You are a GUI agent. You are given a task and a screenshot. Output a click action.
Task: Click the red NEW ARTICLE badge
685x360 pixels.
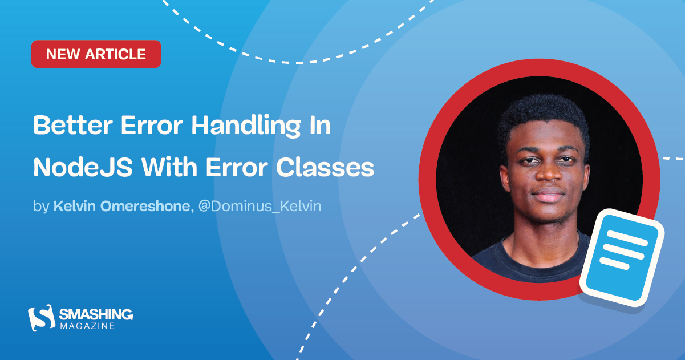pyautogui.click(x=96, y=54)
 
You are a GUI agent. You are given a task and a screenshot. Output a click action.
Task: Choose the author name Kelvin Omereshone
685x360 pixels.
pyautogui.click(x=121, y=206)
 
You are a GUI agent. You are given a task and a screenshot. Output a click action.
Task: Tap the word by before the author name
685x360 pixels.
pyautogui.click(x=41, y=206)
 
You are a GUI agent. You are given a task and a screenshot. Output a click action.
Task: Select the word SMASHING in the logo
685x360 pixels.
pyautogui.click(x=96, y=314)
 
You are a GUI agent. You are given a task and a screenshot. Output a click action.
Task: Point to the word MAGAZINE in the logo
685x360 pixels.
pyautogui.click(x=87, y=326)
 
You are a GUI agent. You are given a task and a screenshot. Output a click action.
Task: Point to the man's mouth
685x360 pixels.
pyautogui.click(x=541, y=196)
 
